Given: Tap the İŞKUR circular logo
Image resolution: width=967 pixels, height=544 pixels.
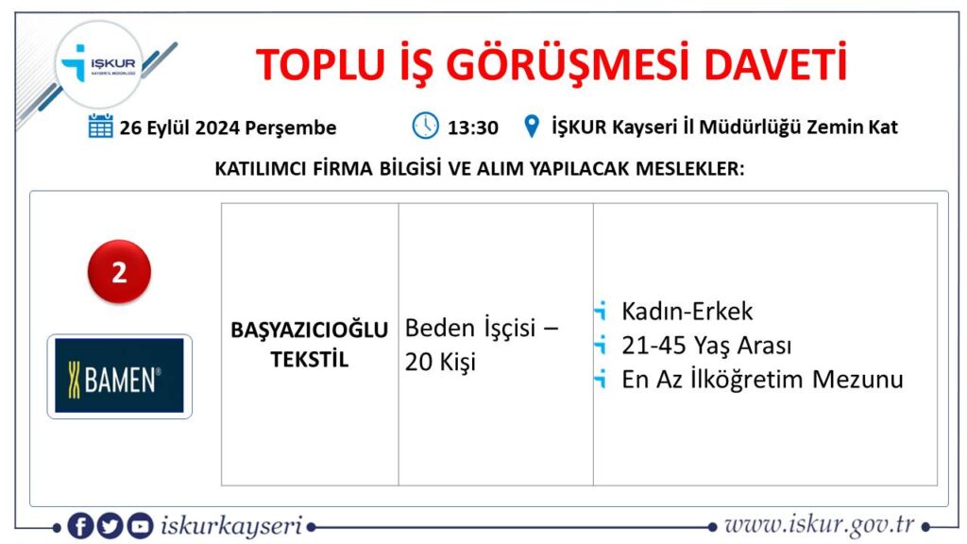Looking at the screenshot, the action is pos(99,64).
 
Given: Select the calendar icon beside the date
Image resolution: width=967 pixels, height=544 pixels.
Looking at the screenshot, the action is pos(100,126).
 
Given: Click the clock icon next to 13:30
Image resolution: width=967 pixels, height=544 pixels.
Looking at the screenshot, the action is pos(425,126).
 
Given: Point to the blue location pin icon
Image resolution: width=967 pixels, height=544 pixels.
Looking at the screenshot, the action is pos(531,127).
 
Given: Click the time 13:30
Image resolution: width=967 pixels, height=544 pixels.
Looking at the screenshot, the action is pos(472,127).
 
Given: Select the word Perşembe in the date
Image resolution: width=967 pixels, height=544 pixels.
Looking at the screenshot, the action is pos(291,128).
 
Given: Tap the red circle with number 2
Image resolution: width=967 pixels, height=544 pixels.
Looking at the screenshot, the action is pos(119,271).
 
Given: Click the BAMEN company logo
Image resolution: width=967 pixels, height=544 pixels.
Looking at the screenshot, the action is pos(120,376).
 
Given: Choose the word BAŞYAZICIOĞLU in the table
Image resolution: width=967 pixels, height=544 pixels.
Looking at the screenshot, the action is pos(309,330).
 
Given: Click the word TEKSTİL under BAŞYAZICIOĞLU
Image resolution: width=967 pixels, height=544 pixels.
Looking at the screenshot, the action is pos(309,360).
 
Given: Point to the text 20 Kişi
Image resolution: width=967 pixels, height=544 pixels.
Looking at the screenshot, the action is pos(440,362).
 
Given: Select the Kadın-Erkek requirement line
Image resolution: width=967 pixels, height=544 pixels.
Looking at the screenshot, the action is pos(687,311).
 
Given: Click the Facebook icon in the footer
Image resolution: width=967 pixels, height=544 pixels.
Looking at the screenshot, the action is pos(80,526).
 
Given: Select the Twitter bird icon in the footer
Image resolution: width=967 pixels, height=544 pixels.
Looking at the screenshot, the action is pos(110,526).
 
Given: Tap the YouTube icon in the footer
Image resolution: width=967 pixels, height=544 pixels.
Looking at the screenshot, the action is pos(140,526).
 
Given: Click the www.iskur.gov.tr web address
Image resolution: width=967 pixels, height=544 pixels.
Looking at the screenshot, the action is pos(820,525).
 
